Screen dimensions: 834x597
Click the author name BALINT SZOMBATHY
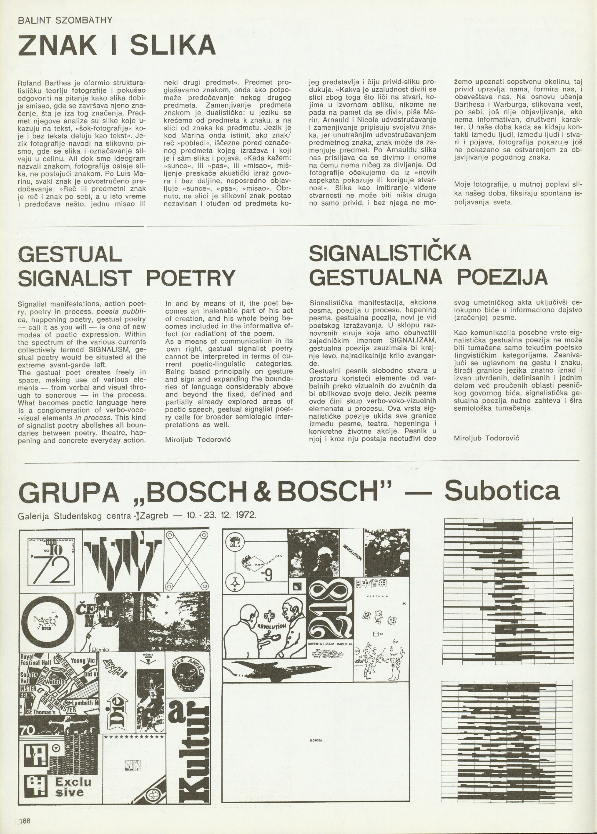(65, 20)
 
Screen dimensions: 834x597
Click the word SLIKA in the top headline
(173, 45)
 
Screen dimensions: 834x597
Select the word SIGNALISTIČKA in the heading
(391, 254)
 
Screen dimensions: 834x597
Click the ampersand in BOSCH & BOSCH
(276, 492)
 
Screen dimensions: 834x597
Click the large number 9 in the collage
(269, 577)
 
